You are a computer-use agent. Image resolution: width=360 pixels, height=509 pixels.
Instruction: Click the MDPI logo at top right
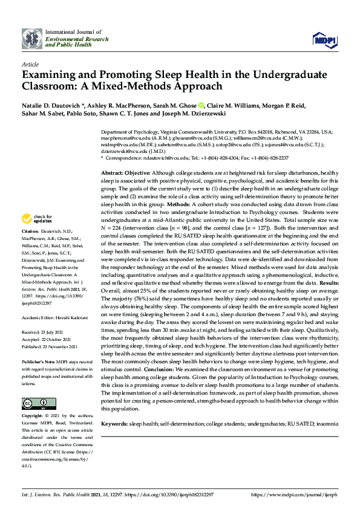(324, 39)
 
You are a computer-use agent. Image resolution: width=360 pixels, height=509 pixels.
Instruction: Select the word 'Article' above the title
(30, 63)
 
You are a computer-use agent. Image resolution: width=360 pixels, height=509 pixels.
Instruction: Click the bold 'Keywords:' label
(114, 409)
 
